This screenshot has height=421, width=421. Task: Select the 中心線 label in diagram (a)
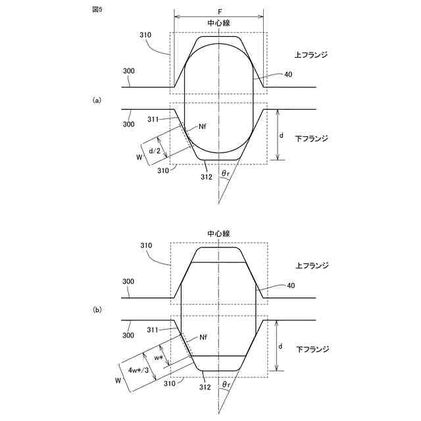pyautogui.click(x=218, y=22)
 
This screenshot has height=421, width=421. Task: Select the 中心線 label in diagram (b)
pyautogui.click(x=218, y=234)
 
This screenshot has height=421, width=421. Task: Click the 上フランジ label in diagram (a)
pyautogui.click(x=311, y=55)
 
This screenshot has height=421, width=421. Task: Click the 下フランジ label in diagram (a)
pyautogui.click(x=311, y=139)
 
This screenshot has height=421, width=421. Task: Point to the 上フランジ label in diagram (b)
pyautogui.click(x=311, y=265)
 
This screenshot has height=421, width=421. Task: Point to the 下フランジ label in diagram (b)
pyautogui.click(x=311, y=349)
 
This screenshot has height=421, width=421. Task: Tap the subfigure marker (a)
pyautogui.click(x=97, y=100)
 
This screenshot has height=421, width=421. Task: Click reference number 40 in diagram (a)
pyautogui.click(x=288, y=75)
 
